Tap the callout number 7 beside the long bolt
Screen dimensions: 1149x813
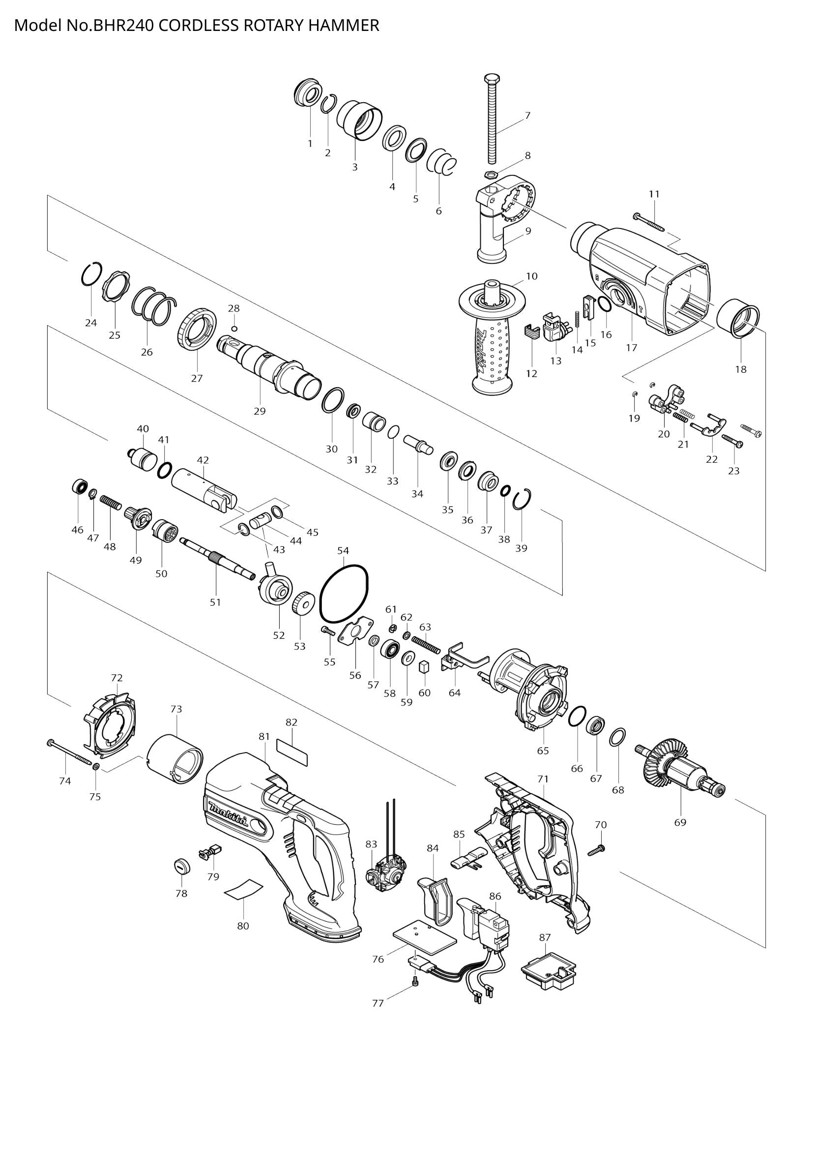[x=527, y=115]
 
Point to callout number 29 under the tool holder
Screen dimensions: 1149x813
[x=260, y=411]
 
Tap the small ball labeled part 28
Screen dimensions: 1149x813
[x=234, y=328]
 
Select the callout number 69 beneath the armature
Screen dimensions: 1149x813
[x=680, y=822]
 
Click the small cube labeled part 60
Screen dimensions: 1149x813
[x=425, y=666]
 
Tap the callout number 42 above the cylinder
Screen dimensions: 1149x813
[x=203, y=460]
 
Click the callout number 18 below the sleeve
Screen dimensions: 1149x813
[x=740, y=369]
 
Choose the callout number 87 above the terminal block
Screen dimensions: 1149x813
[x=545, y=937]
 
